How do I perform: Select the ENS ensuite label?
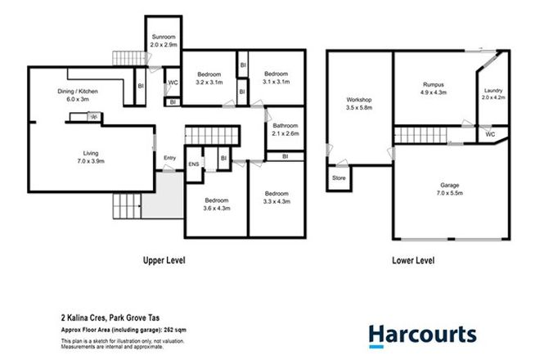pos(194,164)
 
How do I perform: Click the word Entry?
pos(169,158)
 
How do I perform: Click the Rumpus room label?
pos(433,88)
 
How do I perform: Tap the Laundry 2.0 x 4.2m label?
pos(493,94)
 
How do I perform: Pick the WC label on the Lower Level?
pos(490,133)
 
